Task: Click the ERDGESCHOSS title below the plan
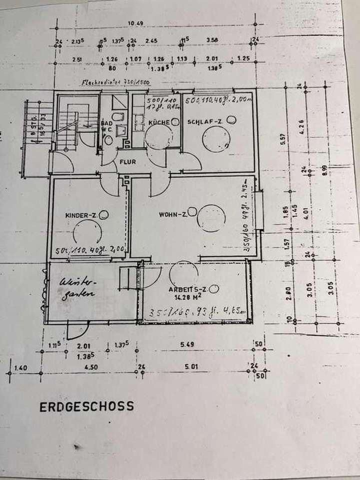[86, 406]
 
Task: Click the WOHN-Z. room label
[173, 215]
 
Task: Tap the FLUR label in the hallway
[128, 162]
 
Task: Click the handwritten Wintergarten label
[77, 289]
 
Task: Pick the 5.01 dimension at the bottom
[192, 368]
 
